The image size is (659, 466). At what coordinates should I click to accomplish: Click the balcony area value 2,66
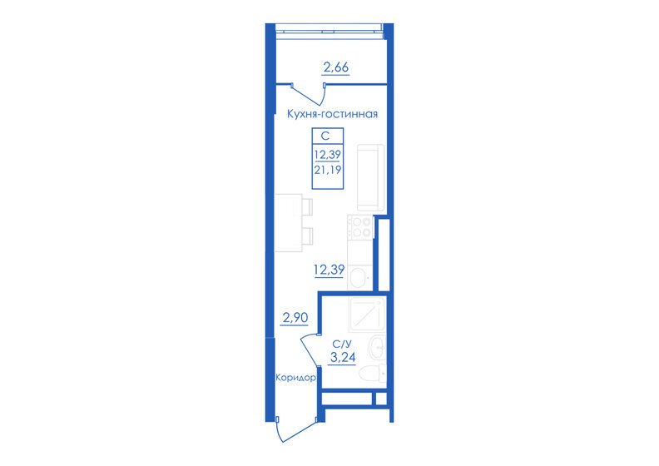pyautogui.click(x=335, y=67)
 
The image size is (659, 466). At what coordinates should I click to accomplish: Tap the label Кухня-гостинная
pyautogui.click(x=332, y=115)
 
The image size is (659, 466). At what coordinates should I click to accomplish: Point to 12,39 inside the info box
pyautogui.click(x=327, y=154)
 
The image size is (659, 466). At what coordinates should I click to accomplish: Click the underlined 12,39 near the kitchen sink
pyautogui.click(x=329, y=269)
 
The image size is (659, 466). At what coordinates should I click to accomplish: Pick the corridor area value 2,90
pyautogui.click(x=296, y=318)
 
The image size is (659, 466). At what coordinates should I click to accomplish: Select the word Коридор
pyautogui.click(x=295, y=377)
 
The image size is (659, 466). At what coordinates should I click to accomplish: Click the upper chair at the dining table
pyautogui.click(x=307, y=206)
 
